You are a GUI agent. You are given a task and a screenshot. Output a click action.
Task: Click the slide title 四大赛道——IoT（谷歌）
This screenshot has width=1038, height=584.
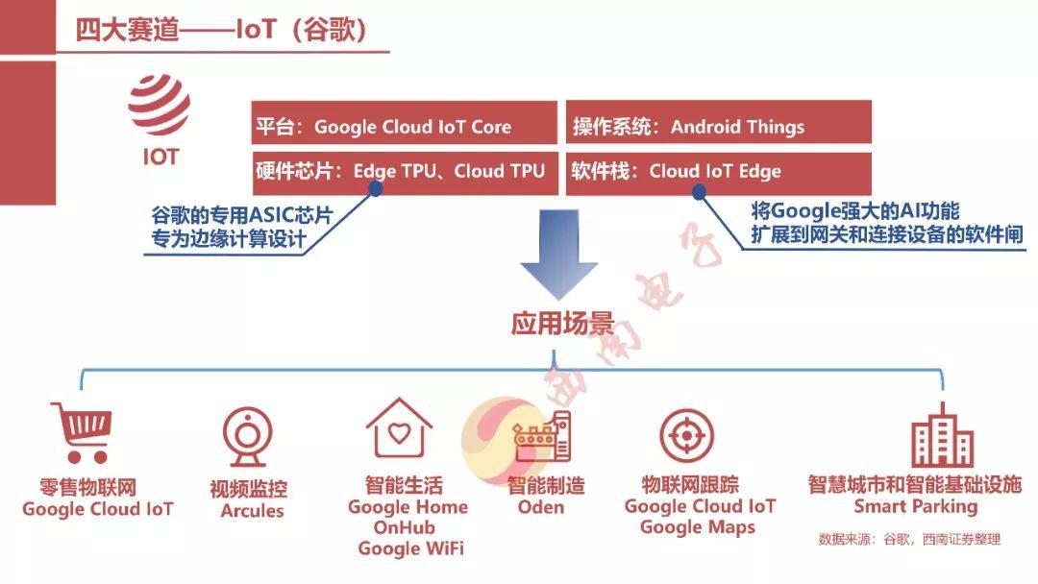tap(220, 30)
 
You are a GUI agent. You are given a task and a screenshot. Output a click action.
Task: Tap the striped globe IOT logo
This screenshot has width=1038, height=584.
tap(159, 105)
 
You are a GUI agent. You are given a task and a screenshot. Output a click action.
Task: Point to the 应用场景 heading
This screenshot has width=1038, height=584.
tap(562, 324)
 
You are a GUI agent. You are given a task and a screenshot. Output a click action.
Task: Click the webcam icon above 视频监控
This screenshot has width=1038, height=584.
tap(248, 436)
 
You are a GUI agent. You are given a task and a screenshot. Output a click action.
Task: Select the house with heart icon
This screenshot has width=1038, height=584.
tap(399, 428)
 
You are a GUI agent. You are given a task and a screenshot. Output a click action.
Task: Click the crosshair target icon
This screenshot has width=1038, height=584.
tap(687, 436)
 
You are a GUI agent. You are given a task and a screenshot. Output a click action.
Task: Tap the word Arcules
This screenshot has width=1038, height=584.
tap(252, 511)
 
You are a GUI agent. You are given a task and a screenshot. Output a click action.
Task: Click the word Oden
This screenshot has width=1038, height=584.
tap(541, 507)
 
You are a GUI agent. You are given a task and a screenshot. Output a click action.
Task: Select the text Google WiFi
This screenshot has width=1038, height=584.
tap(410, 549)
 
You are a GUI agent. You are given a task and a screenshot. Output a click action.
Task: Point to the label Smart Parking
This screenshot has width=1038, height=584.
tap(916, 507)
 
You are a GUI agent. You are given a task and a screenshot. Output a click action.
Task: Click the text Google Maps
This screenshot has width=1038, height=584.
tap(698, 527)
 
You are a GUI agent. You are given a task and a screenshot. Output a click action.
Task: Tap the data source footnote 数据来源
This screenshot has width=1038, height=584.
tap(909, 540)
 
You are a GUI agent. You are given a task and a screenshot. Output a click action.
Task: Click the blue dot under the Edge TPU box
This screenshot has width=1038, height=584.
tap(376, 190)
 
